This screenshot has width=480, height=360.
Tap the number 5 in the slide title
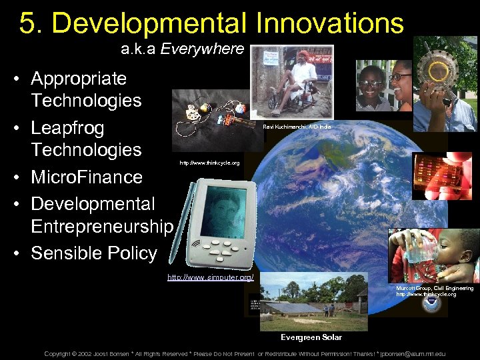tap(27, 23)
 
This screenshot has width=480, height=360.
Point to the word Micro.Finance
tap(87, 177)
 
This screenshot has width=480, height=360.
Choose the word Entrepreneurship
tap(101, 227)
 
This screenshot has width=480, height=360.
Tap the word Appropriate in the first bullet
tap(79, 79)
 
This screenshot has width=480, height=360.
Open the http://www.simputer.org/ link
tap(210, 277)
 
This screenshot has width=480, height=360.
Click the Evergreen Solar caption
tap(311, 337)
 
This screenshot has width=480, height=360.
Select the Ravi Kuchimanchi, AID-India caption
tap(297, 127)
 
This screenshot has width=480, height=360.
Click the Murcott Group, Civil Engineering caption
tap(435, 288)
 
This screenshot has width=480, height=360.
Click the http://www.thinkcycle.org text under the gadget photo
tap(209, 163)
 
